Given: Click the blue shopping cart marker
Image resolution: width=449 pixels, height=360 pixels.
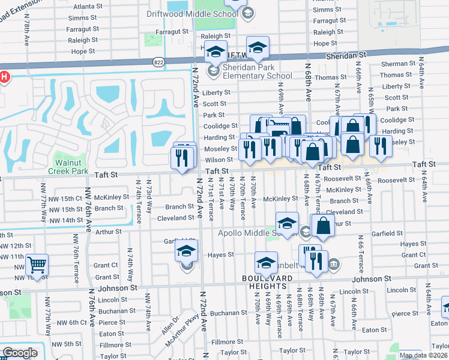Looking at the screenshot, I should coord(37,266).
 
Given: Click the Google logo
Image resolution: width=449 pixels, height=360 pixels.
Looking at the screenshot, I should coord(20,353).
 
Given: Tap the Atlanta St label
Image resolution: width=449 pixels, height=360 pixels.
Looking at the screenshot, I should coord(84,7).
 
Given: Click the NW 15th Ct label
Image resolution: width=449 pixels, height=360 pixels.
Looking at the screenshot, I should coord(65,198).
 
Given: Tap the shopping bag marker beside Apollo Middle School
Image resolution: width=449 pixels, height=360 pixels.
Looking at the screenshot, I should coord(323,227).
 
